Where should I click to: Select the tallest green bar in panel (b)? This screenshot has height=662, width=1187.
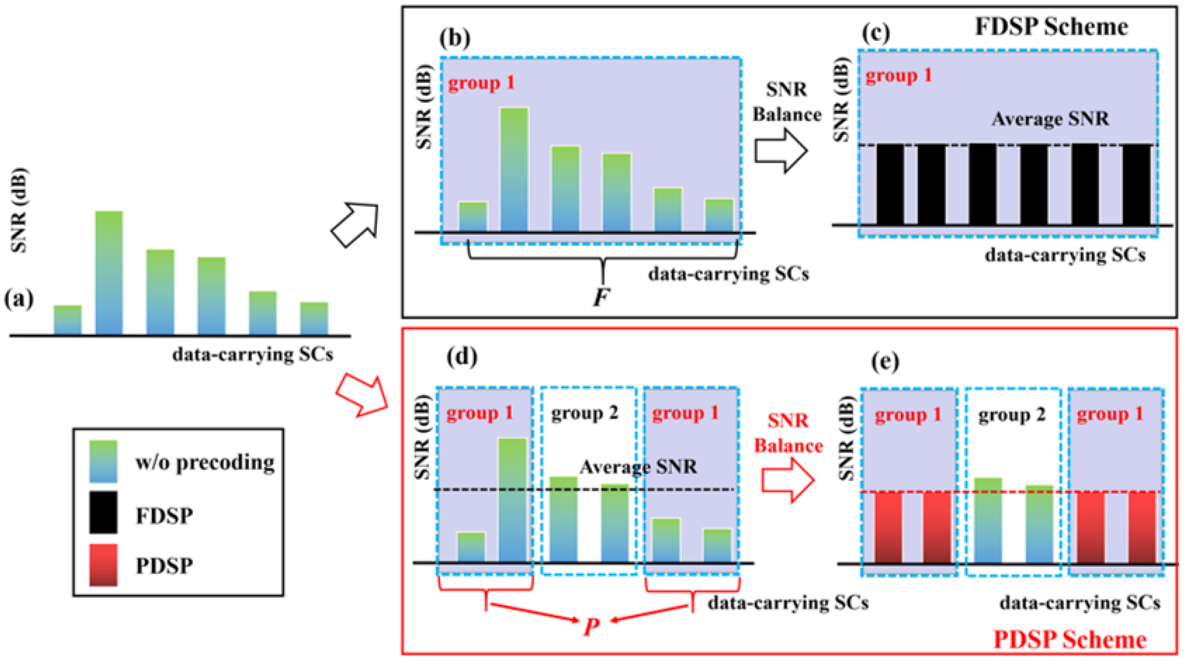click(514, 169)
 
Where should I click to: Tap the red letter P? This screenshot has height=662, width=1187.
click(591, 627)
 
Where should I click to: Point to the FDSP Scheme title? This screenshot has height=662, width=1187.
click(1051, 27)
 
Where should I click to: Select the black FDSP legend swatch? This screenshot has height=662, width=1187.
click(103, 512)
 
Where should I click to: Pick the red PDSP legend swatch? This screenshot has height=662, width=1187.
click(103, 565)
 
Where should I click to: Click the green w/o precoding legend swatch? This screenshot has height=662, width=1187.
click(103, 461)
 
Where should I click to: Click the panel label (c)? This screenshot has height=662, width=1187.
click(875, 33)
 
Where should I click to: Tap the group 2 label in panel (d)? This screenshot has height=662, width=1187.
click(584, 413)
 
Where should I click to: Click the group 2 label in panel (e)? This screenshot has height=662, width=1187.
click(1012, 415)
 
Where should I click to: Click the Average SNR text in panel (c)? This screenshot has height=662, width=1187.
click(1050, 119)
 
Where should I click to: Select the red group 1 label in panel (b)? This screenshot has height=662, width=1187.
click(481, 83)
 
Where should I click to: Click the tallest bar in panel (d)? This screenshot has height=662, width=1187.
click(512, 500)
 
